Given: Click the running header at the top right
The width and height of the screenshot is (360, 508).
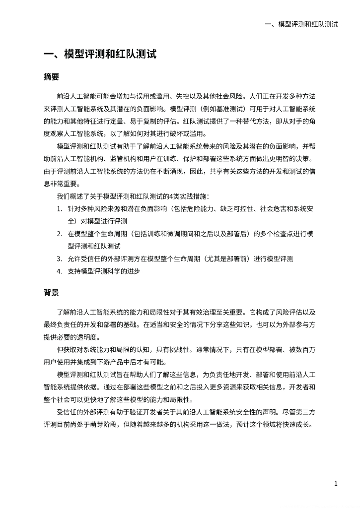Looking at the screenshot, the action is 301,24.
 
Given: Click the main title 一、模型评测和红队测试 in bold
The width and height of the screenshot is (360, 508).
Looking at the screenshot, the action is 100,55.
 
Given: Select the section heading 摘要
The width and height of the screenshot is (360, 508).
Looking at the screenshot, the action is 52,77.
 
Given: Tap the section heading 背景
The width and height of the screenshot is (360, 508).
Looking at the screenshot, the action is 52,292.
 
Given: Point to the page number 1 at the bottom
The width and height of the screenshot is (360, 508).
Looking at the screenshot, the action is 336,483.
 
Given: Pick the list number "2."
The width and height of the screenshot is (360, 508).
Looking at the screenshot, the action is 59,234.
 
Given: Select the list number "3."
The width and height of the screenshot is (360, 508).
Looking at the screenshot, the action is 59,258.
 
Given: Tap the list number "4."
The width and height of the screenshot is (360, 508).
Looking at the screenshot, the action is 59,271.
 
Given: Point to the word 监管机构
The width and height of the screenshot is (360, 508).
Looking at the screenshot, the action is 125,159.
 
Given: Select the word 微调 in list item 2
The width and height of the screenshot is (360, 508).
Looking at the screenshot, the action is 170,234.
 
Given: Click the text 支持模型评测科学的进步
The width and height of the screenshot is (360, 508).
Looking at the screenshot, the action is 104,271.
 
